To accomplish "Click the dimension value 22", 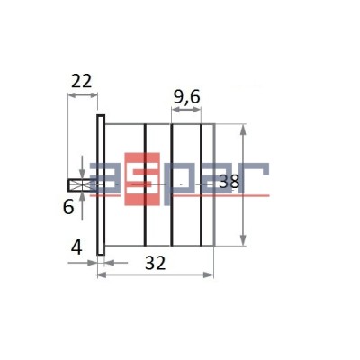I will (x=82, y=80).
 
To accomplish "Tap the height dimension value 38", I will (x=229, y=182).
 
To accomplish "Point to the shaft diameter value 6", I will (x=68, y=206).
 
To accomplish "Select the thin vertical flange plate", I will (x=102, y=184).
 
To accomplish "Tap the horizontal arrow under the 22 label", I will (x=82, y=95).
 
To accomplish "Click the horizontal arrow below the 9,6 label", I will (x=186, y=112).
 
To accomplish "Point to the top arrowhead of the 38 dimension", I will (x=244, y=129).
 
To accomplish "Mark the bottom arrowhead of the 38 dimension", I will (x=244, y=240).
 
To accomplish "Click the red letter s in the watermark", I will (x=144, y=181).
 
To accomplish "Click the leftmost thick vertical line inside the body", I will (x=145, y=184).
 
